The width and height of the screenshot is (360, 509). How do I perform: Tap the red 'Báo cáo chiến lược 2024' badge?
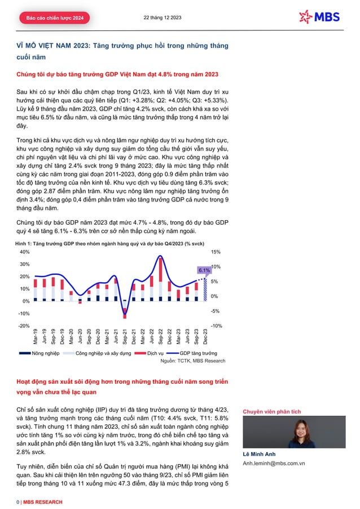click(54, 19)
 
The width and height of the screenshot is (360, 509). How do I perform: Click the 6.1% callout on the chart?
click(204, 270)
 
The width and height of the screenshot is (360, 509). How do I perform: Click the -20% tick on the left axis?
click(24, 326)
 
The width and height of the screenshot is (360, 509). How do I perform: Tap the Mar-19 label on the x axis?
click(36, 337)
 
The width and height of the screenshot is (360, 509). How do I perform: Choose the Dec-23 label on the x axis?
click(204, 337)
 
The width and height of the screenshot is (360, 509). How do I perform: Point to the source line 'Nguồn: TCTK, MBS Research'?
click(193, 361)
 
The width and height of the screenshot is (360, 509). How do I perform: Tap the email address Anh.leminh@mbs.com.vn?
click(274, 463)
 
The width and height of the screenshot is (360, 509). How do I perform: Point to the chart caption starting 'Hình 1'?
click(109, 243)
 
